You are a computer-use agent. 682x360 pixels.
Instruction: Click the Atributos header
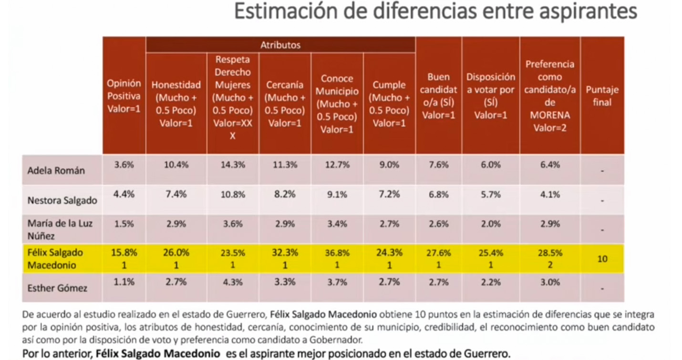click(280, 45)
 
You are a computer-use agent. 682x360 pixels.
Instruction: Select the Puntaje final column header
click(602, 96)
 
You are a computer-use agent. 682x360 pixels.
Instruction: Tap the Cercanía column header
click(285, 104)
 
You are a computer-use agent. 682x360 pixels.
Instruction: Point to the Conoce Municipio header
click(337, 104)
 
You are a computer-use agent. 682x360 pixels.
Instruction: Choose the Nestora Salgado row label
click(62, 200)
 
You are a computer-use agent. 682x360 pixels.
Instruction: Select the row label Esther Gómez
click(57, 288)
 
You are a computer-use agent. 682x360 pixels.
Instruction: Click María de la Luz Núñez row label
click(60, 229)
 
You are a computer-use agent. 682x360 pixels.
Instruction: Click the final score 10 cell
click(602, 259)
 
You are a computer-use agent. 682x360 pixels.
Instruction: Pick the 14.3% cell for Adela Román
click(233, 165)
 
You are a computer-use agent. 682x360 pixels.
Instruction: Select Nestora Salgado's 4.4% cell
click(124, 195)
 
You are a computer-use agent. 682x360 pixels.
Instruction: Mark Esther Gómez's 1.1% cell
click(124, 282)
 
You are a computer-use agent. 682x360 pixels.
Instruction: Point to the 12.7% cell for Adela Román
click(337, 165)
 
